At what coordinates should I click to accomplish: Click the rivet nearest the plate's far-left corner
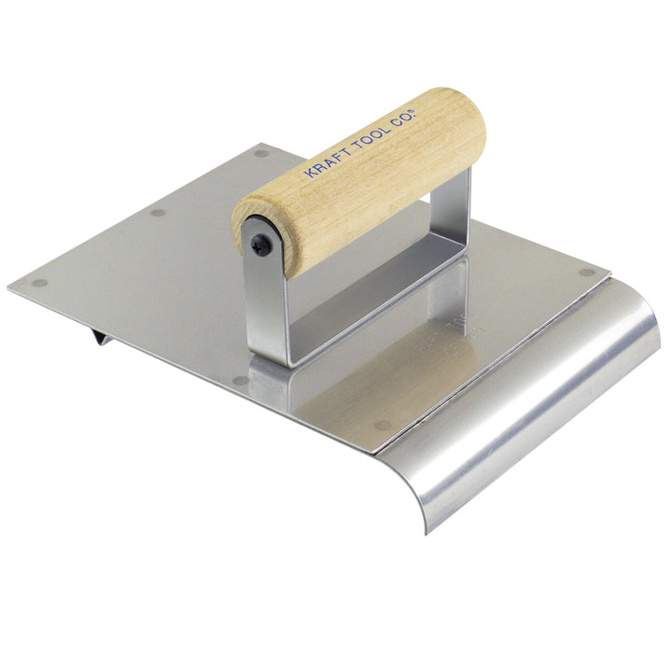(39, 282)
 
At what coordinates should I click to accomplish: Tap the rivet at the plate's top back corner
(260, 153)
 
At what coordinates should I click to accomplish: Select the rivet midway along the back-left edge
(158, 213)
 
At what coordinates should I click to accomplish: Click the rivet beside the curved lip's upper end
(586, 273)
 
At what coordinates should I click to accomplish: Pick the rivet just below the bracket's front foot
(241, 380)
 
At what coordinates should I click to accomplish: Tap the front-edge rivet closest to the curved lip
(382, 426)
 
